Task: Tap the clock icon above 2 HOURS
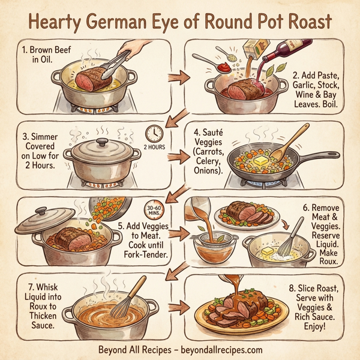click(154, 133)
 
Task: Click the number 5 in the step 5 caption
click(121, 226)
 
